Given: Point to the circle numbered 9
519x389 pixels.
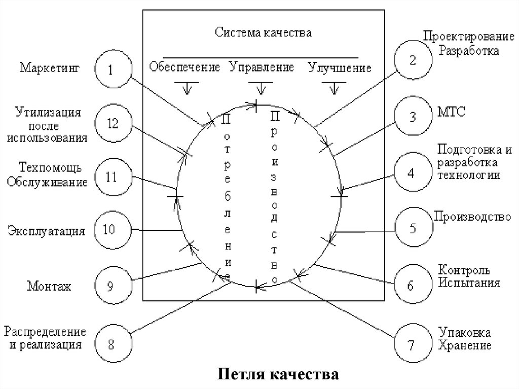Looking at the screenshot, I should [112, 286].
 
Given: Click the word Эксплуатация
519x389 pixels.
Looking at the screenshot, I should [46, 232].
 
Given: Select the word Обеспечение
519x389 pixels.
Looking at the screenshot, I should [184, 67].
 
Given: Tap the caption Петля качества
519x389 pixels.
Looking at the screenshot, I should [278, 375].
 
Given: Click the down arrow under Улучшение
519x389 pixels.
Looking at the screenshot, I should [334, 87].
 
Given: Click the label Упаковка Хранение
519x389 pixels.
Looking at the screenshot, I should [465, 340].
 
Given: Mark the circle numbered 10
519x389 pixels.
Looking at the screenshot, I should [112, 229].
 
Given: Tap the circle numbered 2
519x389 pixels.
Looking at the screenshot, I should [414, 60].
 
